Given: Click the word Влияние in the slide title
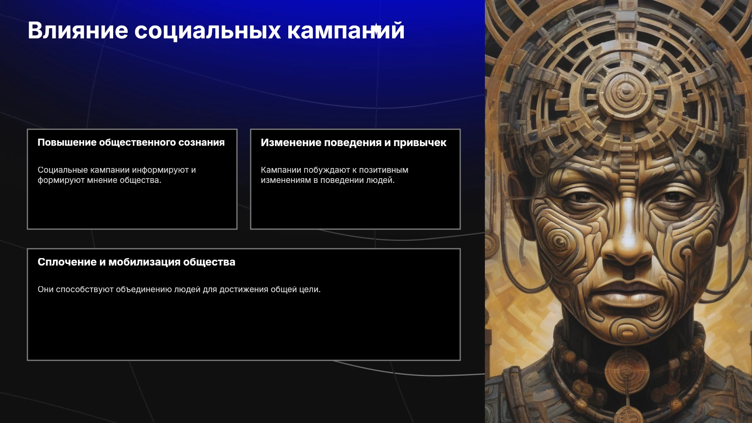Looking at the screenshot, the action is (x=78, y=30).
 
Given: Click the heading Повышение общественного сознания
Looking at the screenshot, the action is (x=131, y=143).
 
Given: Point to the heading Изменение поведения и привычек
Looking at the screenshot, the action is (x=354, y=143).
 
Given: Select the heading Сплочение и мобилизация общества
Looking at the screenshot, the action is (x=136, y=262).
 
